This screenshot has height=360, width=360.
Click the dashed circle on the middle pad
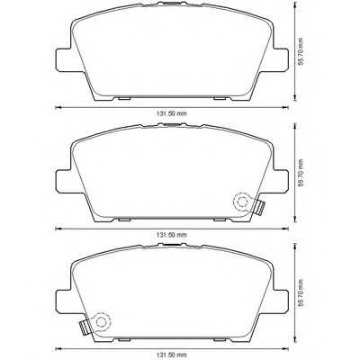(240, 202)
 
